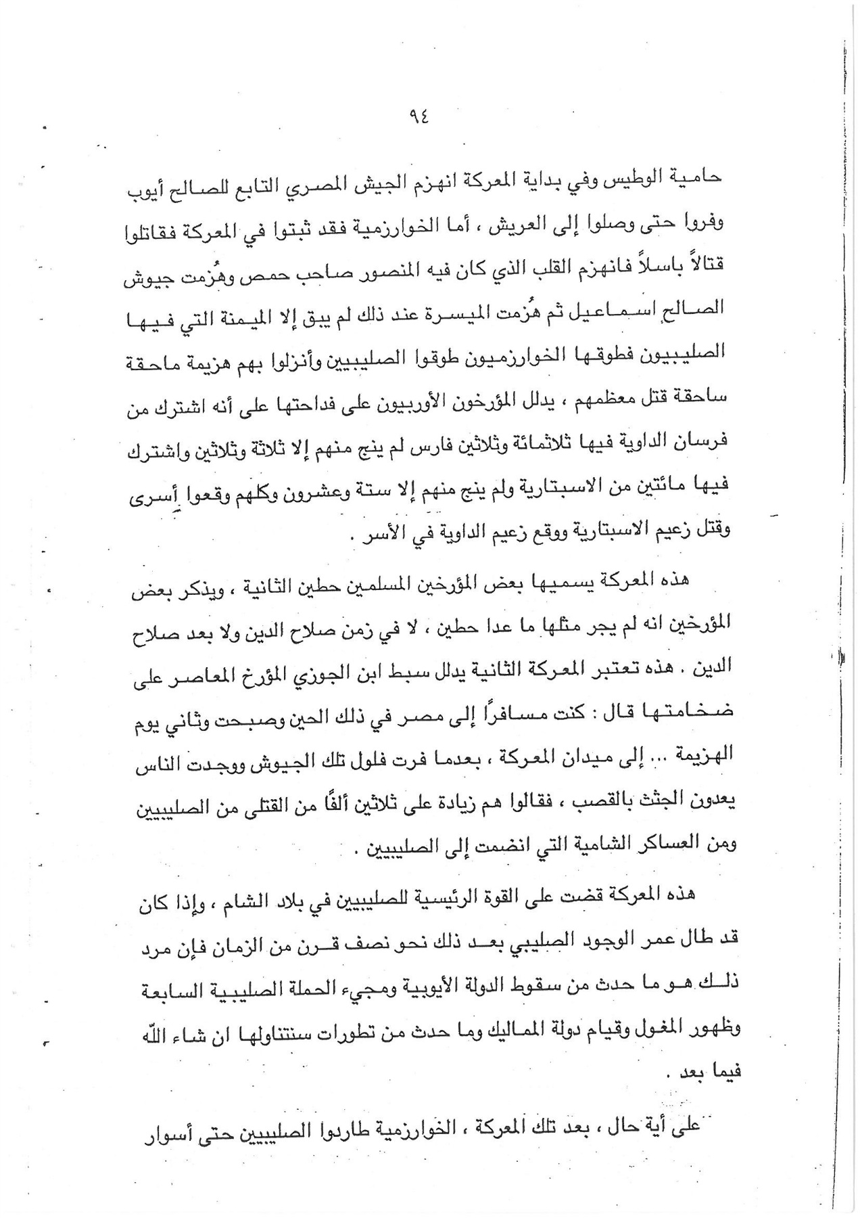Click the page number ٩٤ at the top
[419, 116]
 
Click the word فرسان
[700, 441]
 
